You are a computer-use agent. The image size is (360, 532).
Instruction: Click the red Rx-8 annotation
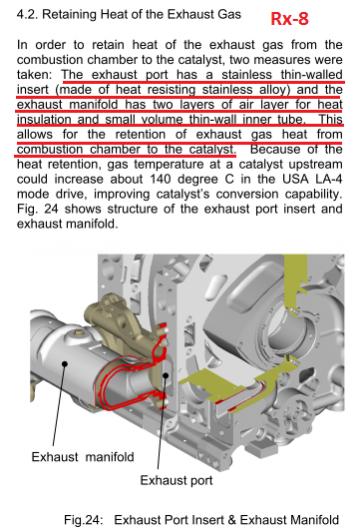[289, 19]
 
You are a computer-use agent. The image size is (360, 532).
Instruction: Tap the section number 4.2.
[27, 15]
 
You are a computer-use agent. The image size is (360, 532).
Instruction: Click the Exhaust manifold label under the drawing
[83, 457]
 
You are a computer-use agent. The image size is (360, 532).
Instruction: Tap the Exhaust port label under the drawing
[176, 480]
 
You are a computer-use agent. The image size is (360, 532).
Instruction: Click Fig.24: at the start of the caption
[83, 520]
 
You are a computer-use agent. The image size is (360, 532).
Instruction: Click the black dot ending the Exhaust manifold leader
[64, 364]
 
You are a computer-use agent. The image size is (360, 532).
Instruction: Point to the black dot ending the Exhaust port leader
[166, 375]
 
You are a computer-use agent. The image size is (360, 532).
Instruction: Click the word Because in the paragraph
[275, 149]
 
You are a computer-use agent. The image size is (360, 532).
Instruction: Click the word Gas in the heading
[230, 15]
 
